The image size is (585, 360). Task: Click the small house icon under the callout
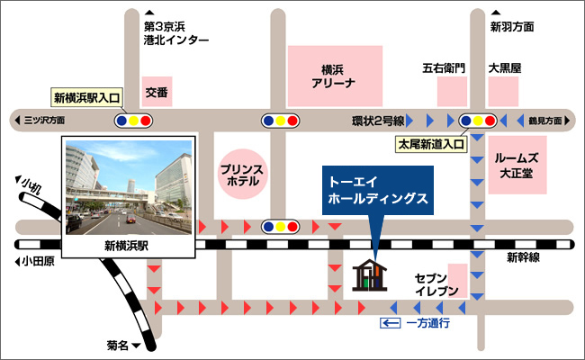pyautogui.click(x=370, y=276)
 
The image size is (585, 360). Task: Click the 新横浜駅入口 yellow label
pyautogui.click(x=87, y=97)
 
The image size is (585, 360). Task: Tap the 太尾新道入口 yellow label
pyautogui.click(x=430, y=142)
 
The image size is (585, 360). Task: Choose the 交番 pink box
pyautogui.click(x=157, y=91)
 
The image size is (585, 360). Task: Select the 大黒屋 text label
pyautogui.click(x=505, y=67)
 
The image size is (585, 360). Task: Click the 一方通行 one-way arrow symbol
pyautogui.click(x=390, y=322)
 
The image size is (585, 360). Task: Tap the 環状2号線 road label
pyautogui.click(x=377, y=119)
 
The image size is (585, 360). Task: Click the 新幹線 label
pyautogui.click(x=523, y=258)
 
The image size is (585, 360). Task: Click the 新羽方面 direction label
pyautogui.click(x=511, y=27)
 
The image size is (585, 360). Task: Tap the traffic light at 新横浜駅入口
pyautogui.click(x=133, y=119)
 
